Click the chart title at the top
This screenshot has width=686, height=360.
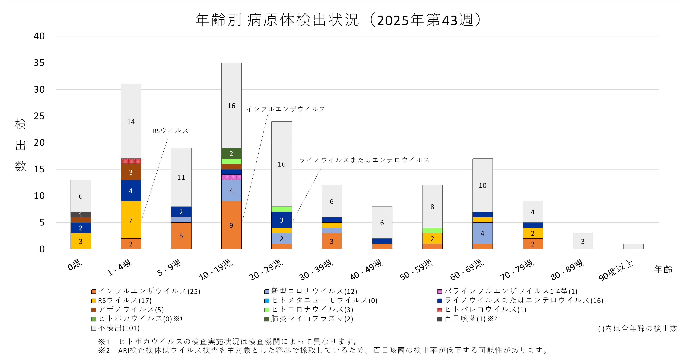pos(338,20)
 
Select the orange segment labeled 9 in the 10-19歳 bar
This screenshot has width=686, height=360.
pos(231,225)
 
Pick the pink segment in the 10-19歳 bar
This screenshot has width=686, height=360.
pos(231,177)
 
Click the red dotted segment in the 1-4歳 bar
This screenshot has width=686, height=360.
pos(131,161)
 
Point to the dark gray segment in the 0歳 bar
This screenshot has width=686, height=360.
pos(81,215)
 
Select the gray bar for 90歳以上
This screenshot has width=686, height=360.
pos(633,246)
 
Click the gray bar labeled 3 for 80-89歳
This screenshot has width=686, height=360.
pos(583,241)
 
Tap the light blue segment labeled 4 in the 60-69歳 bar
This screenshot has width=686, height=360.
pos(482,233)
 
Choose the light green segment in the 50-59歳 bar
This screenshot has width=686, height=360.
pos(432,230)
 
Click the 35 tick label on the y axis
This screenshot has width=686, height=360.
pos(39,63)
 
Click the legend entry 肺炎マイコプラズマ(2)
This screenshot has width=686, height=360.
pos(312,319)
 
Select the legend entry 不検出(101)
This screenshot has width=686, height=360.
pos(119,328)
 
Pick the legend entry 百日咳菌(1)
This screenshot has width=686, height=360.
pos(465,319)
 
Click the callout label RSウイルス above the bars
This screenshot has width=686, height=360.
pos(170,131)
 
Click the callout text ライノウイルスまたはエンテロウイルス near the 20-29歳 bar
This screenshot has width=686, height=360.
pos(364,160)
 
